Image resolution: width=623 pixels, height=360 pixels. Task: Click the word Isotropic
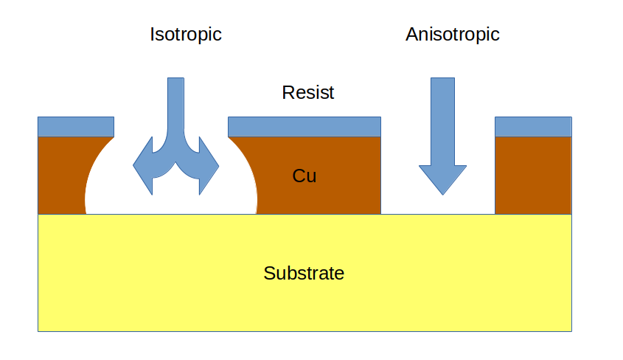186,34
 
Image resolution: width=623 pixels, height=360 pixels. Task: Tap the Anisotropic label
452,34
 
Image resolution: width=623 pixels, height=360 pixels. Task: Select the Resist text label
308,93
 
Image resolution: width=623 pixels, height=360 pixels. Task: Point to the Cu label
304,176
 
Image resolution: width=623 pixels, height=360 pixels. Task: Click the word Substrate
304,274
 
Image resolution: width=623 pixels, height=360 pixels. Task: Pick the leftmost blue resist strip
76,126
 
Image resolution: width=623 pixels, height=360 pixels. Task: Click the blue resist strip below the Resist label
304,126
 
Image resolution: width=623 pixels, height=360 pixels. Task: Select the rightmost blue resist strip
533,126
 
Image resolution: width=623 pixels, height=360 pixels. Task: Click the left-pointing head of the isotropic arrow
142,166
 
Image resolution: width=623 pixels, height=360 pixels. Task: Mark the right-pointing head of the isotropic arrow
210,166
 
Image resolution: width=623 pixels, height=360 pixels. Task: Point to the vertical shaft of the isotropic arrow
176,103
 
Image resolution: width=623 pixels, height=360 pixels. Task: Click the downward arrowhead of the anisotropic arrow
442,177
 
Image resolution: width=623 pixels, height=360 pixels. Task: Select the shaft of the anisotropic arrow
442,118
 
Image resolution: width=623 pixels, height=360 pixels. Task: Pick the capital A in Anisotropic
412,34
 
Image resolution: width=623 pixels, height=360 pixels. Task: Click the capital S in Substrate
268,274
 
